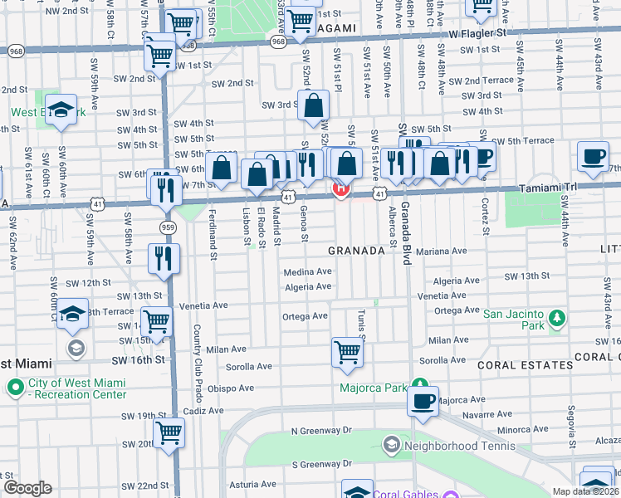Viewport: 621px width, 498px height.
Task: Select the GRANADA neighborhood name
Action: pos(356,250)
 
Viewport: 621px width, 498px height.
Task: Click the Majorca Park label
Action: pos(373,388)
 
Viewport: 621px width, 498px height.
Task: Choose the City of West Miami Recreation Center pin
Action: pos(15,387)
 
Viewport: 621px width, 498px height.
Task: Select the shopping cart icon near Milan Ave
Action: pos(347,352)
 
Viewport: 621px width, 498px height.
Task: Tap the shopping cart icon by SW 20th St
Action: pos(169,431)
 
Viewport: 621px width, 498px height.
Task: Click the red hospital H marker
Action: pos(340,189)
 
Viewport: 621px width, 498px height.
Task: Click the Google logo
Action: pos(27,488)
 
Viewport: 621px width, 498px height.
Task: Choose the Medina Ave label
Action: pos(307,271)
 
